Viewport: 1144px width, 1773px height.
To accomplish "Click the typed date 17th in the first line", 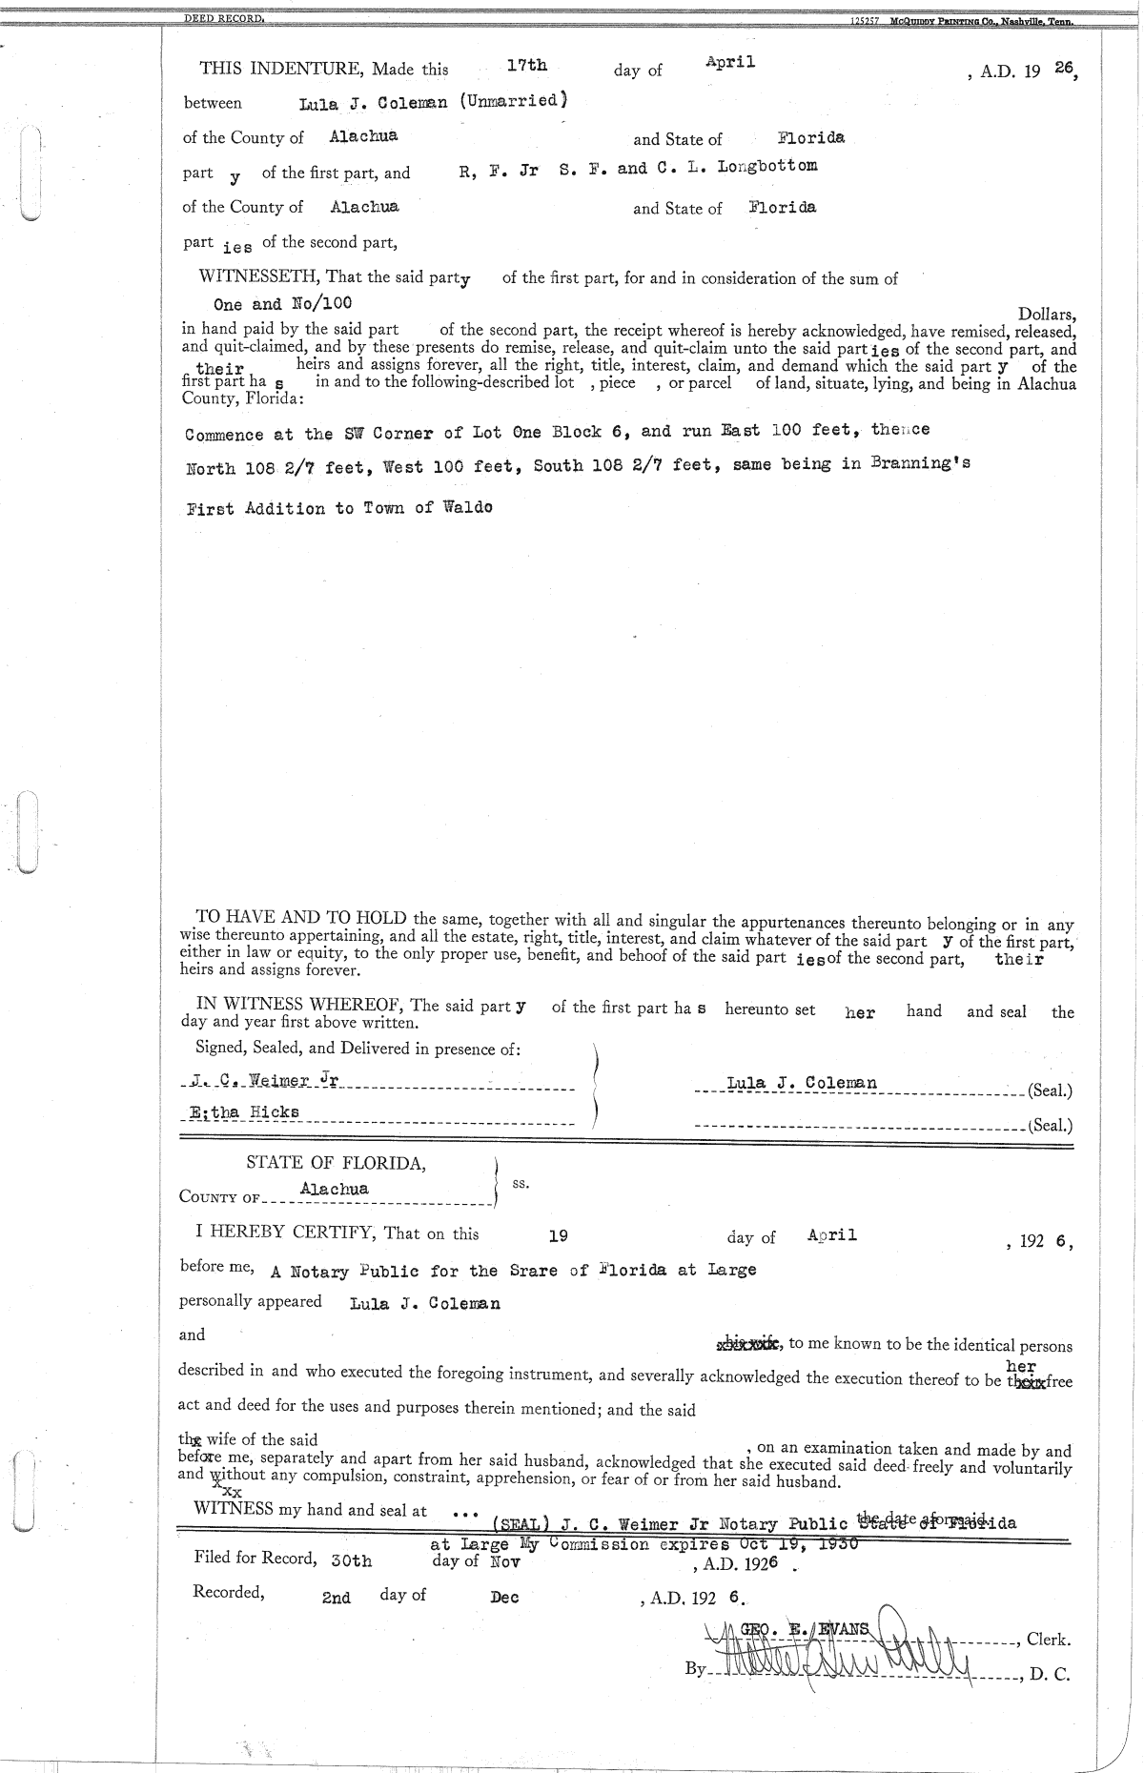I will click(526, 65).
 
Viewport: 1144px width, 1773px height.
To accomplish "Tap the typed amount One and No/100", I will click(282, 304).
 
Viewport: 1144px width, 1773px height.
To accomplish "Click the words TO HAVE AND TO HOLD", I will click(302, 919).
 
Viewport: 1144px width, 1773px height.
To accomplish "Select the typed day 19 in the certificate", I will click(559, 1235).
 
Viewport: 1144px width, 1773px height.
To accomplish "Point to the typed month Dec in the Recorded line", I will click(504, 1598).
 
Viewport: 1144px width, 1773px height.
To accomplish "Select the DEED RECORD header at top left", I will click(224, 19).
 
